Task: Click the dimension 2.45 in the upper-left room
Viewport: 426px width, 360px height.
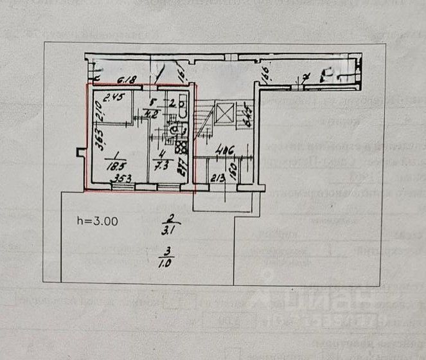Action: [112, 98]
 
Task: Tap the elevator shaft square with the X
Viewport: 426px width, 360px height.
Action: [226, 115]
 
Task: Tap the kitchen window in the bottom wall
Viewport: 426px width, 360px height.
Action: [168, 187]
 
